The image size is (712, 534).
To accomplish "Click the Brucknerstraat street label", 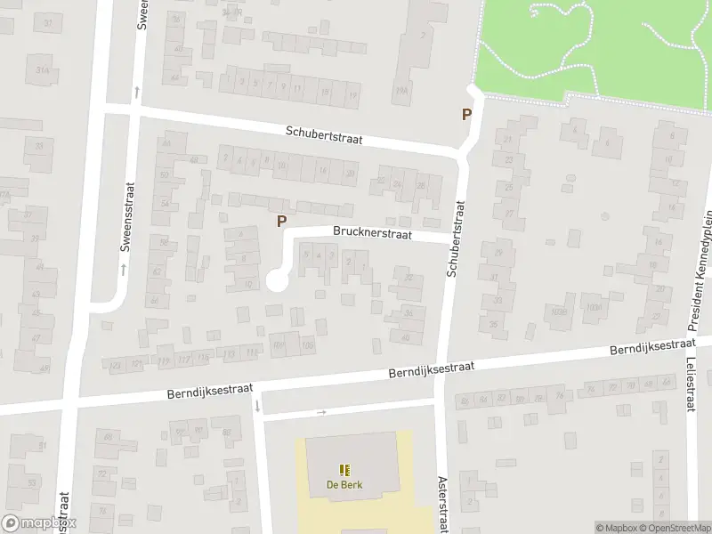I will click(x=372, y=233).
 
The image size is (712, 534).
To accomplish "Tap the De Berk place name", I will click(x=344, y=485).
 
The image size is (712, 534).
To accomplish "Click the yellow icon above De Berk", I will click(x=344, y=470).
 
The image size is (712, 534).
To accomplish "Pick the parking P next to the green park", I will click(x=465, y=114).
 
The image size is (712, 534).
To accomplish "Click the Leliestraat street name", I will click(x=691, y=384).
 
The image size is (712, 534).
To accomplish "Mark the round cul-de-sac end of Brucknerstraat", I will click(x=277, y=280).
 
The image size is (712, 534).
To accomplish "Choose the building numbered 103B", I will click(x=558, y=311).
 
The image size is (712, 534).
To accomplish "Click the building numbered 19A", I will click(x=401, y=92).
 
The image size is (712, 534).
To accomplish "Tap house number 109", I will click(x=279, y=346).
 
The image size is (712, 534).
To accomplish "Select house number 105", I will click(x=308, y=345).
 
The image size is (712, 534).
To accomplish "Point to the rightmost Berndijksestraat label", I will click(x=651, y=347).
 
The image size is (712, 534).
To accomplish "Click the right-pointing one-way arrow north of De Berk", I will click(x=321, y=412).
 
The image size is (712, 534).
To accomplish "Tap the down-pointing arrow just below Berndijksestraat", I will click(x=257, y=407).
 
